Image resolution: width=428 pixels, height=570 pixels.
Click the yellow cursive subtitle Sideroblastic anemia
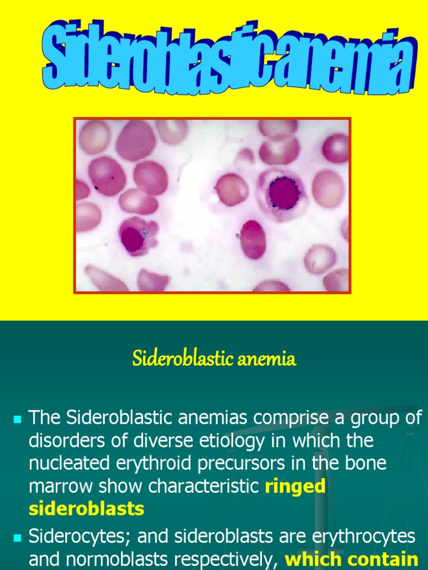[x=214, y=359]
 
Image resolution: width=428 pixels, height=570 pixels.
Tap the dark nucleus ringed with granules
[x=284, y=193]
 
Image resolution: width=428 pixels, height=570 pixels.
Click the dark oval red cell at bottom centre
[x=252, y=239]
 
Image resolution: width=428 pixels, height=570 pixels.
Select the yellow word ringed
[x=295, y=486]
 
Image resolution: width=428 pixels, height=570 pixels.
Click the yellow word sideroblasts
[x=86, y=508]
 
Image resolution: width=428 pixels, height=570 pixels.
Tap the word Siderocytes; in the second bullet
[x=78, y=537]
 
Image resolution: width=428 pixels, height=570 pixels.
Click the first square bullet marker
[x=16, y=417]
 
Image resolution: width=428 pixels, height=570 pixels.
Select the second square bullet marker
[x=16, y=538]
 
